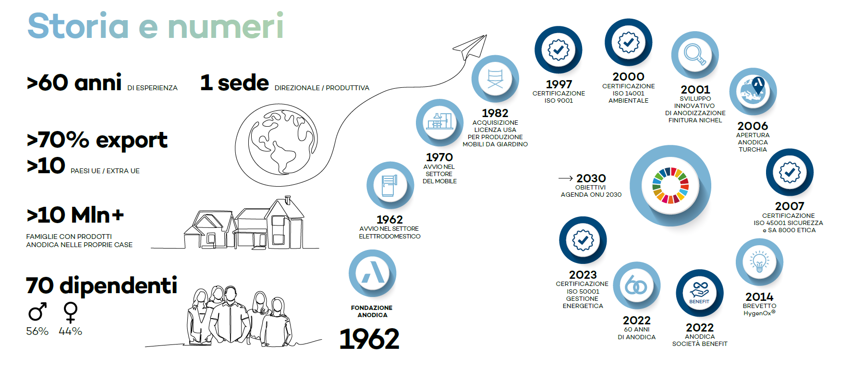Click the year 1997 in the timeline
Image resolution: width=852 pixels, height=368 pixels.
[x=559, y=84]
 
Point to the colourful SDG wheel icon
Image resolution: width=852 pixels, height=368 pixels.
[x=670, y=185]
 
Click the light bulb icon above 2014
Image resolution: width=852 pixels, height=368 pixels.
[x=759, y=262]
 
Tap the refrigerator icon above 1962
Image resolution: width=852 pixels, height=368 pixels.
[x=389, y=185]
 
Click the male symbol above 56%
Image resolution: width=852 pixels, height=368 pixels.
[x=37, y=312]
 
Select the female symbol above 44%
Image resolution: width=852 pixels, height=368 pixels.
[x=71, y=312]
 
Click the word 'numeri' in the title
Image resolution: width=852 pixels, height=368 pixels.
[x=225, y=26]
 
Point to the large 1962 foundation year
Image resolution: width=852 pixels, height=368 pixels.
[x=369, y=339]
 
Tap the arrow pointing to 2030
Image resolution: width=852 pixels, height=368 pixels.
[x=565, y=178]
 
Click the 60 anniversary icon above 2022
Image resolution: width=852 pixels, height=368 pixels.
[x=636, y=285]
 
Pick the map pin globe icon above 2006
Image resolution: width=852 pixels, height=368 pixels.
[x=753, y=91]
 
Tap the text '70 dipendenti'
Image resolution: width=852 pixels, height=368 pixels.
[x=101, y=286]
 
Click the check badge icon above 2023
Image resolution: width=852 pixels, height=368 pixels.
[x=583, y=240]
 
